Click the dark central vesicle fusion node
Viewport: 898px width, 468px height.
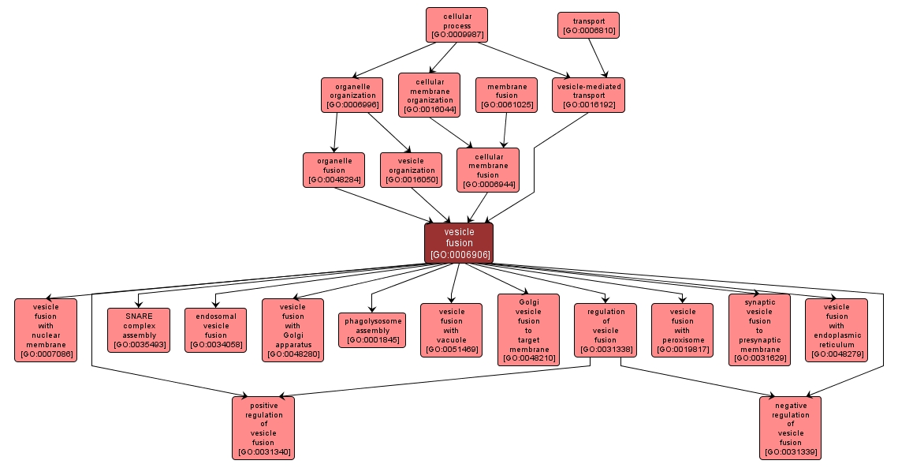458,243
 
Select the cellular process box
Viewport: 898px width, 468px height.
456,25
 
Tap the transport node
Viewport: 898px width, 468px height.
588,25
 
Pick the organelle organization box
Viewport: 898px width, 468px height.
352,95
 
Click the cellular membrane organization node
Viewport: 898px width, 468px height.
429,95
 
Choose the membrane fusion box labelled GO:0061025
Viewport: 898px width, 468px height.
506,95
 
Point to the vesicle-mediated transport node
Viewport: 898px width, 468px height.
588,95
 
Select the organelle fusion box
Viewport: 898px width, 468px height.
333,170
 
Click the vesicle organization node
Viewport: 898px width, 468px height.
411,170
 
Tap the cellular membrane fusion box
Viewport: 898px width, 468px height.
488,170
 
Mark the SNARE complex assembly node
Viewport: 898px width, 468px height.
139,330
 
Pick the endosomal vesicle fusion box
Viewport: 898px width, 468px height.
216,330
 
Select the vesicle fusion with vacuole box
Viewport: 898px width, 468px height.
451,330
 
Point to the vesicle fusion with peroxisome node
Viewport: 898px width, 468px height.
682,330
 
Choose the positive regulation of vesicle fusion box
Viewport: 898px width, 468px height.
263,428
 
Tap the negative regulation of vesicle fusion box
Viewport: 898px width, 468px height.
790,428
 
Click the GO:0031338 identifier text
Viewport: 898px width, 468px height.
605,349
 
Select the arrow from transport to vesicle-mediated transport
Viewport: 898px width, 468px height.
598,58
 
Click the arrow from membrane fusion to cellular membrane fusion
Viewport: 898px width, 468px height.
505,130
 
